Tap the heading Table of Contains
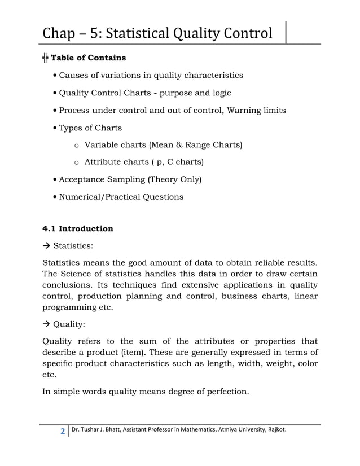point(89,58)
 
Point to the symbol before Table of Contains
point(46,58)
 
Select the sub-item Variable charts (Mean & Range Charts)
point(163,145)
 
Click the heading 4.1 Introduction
point(78,229)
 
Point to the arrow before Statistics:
point(47,246)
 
